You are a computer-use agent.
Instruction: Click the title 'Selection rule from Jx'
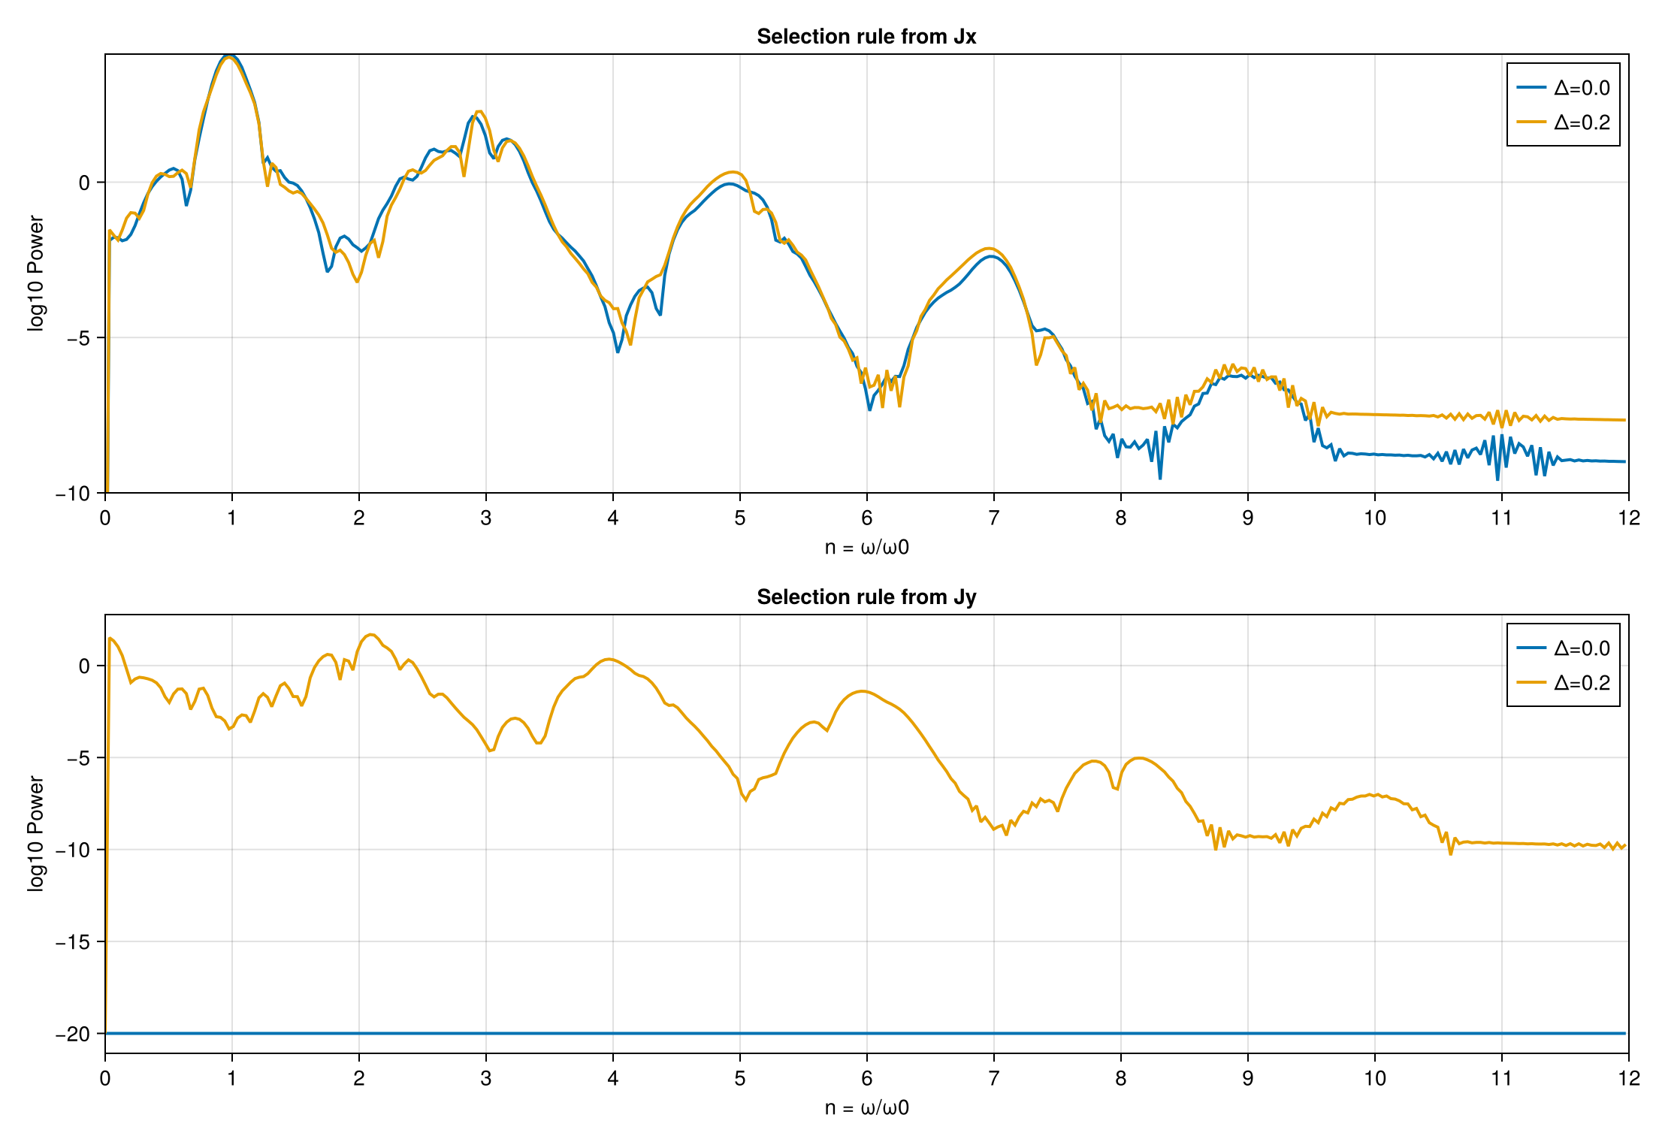point(866,37)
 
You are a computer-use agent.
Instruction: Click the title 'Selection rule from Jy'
point(866,597)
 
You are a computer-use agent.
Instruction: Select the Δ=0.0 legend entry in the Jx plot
point(1564,88)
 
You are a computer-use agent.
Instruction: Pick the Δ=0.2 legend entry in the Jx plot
point(1564,122)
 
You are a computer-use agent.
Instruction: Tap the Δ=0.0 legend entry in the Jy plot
point(1564,648)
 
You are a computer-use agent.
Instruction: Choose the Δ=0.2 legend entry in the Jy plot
point(1564,683)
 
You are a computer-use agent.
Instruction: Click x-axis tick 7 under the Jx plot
point(993,518)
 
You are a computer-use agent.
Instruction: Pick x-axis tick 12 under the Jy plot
point(1628,1078)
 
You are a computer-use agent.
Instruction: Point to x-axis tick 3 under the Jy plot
point(486,1078)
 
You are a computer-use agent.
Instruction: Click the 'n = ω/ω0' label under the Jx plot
point(866,548)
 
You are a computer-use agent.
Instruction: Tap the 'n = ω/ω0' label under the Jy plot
point(866,1108)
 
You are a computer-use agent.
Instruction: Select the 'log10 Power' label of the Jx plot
point(35,273)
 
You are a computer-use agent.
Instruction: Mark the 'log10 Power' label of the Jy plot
point(35,834)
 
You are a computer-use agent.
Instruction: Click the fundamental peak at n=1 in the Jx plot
point(231,56)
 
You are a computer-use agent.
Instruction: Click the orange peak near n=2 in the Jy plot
point(371,635)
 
